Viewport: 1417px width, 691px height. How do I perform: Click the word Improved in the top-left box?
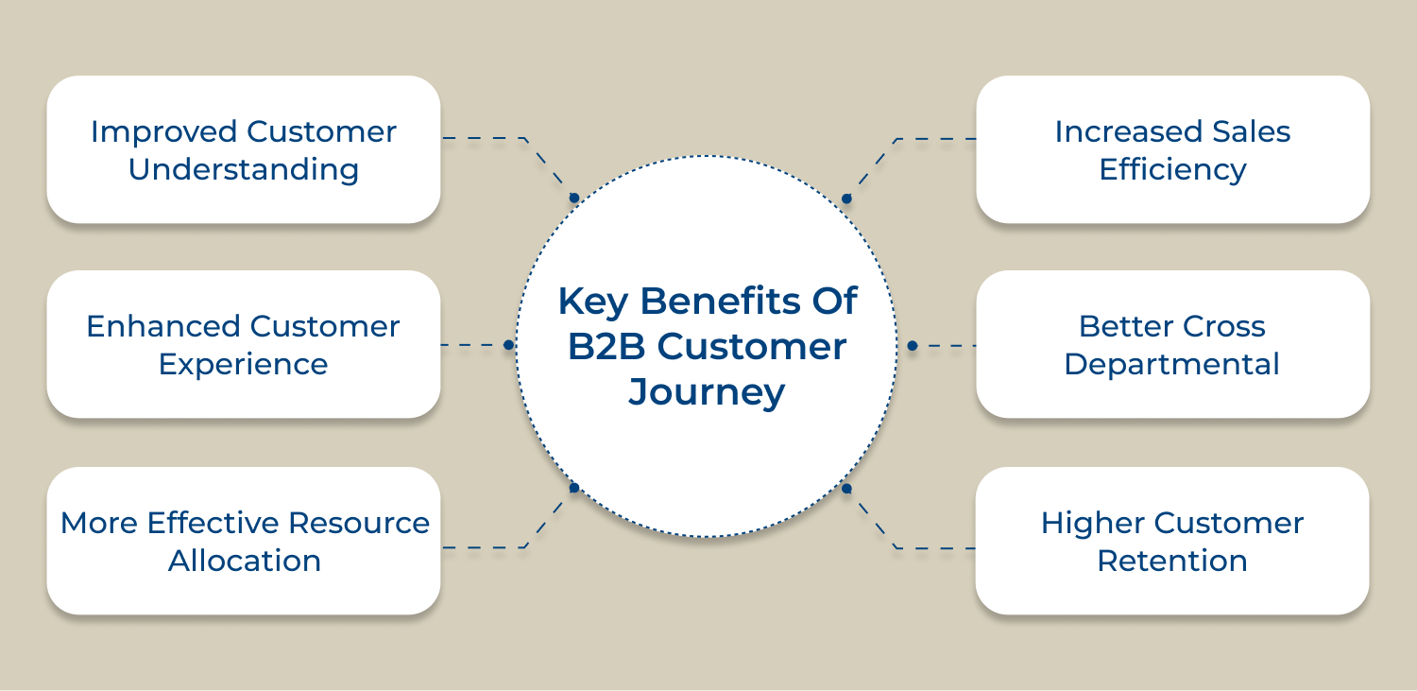click(x=164, y=132)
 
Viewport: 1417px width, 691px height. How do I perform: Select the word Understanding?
click(x=244, y=170)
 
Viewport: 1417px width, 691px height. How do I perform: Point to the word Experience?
click(x=244, y=365)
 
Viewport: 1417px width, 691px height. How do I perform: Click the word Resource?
click(x=359, y=523)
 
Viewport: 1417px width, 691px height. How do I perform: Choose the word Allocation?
click(x=245, y=561)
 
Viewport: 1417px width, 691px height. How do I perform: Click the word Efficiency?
click(x=1172, y=170)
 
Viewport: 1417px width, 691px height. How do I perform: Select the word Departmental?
click(x=1172, y=365)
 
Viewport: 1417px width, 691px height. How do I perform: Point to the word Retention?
click(x=1172, y=561)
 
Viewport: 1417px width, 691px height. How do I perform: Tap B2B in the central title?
click(x=606, y=346)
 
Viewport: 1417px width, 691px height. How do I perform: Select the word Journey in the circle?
click(x=707, y=391)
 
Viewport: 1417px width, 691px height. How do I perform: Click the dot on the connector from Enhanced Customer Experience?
click(x=508, y=345)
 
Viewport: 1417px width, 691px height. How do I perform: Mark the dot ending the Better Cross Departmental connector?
click(x=912, y=346)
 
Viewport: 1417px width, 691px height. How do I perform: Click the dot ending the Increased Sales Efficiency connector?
click(x=846, y=199)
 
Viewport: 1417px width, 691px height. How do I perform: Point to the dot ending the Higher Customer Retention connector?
click(x=846, y=489)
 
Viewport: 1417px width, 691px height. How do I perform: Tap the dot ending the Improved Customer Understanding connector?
click(x=573, y=199)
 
